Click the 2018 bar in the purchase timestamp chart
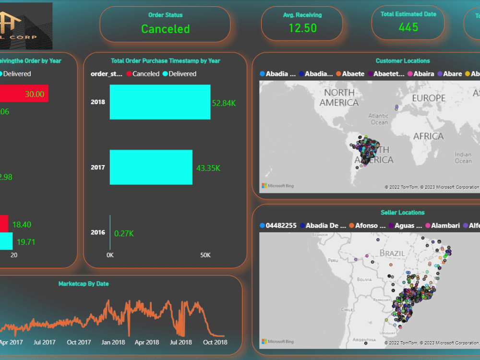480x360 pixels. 160,102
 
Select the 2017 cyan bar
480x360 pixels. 151,167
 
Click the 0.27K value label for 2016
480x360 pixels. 123,233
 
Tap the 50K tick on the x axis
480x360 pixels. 205,255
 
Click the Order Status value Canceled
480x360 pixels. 165,29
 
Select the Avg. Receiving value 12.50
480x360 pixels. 302,28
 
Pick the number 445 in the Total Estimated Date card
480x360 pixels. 408,27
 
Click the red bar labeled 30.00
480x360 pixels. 24,95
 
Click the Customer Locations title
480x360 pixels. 402,61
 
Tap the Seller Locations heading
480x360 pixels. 402,213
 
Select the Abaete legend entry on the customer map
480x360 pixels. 353,74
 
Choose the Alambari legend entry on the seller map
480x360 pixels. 444,226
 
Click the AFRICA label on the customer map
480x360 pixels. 428,136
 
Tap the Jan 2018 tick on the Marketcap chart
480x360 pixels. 113,342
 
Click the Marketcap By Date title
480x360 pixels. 84,284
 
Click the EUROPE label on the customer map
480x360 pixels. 429,98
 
